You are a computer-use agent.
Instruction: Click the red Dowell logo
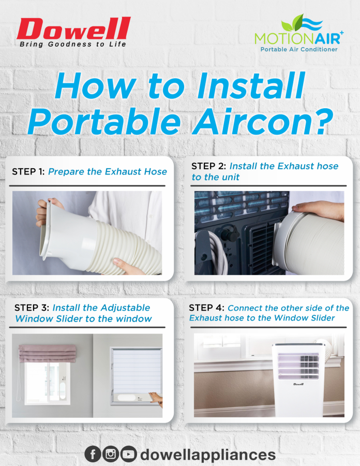[73, 28]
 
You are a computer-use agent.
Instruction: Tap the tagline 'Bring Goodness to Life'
[73, 45]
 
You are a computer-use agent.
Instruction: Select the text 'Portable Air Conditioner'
[299, 49]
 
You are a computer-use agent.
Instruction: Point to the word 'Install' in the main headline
[251, 85]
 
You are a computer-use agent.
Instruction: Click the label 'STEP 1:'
[28, 171]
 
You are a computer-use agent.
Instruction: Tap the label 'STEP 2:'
[208, 166]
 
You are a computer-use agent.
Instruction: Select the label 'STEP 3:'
[32, 308]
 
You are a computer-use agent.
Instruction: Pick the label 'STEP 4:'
[206, 308]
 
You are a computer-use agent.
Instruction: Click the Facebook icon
[93, 454]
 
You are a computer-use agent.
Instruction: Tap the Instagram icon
[111, 454]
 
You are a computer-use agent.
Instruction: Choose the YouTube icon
[128, 454]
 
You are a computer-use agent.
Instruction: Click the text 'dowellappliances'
[208, 455]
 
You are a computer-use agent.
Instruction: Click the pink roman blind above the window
[47, 353]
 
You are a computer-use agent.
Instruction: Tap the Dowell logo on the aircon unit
[298, 384]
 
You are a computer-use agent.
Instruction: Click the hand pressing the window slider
[156, 399]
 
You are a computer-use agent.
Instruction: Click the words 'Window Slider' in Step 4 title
[304, 318]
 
